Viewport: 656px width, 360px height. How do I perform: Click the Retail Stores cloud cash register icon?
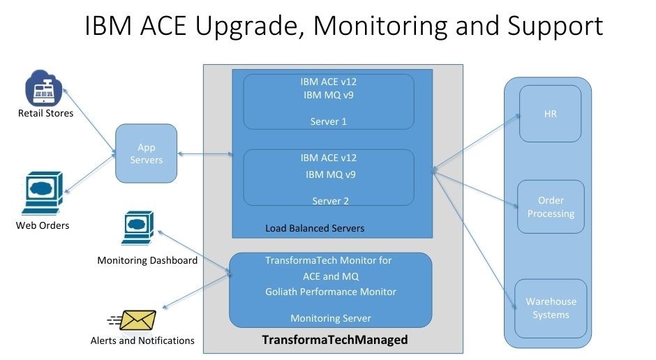(x=44, y=89)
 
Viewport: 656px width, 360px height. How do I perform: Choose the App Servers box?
(x=146, y=153)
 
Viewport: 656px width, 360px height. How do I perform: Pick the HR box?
(x=550, y=114)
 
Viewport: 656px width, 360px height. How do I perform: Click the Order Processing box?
(x=550, y=207)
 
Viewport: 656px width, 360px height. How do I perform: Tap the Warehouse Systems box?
(x=551, y=308)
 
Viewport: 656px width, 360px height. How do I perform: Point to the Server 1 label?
(x=328, y=121)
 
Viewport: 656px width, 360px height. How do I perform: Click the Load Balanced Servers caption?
(x=315, y=228)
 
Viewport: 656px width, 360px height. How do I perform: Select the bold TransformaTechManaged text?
(x=334, y=340)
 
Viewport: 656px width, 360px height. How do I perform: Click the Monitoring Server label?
(x=331, y=318)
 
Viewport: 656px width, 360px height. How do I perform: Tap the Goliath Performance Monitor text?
(x=331, y=292)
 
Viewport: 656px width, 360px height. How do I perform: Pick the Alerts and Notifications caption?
(x=142, y=340)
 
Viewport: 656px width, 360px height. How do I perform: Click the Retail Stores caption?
(x=45, y=113)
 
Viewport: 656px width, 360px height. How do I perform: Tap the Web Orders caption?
(x=43, y=225)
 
